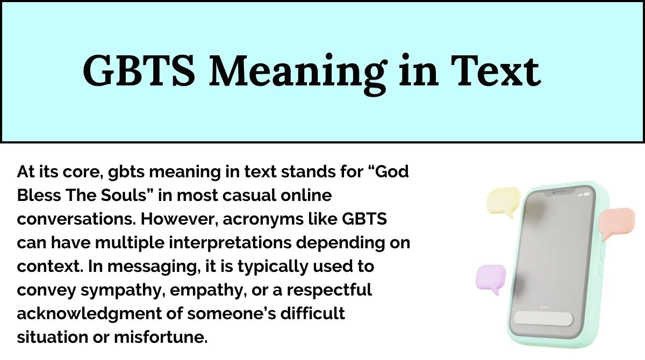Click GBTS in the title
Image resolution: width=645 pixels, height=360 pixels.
139,70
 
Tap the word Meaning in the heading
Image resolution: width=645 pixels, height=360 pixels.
298,74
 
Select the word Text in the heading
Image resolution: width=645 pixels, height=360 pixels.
496,70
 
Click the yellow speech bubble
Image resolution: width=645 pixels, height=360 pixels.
503,201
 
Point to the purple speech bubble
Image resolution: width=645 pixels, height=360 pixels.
491,278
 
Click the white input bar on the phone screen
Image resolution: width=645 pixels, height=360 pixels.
543,319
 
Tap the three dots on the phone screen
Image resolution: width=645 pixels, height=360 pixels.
545,307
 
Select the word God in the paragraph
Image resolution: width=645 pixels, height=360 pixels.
392,172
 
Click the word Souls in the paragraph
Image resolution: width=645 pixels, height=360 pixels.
127,196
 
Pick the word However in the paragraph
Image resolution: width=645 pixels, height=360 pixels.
179,219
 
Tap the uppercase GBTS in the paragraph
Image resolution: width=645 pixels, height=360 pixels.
364,219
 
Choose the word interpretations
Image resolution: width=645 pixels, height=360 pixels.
230,243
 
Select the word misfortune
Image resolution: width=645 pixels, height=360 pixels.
161,337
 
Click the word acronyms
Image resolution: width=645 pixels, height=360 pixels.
263,220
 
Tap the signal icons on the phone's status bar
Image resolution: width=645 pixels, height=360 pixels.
583,195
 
